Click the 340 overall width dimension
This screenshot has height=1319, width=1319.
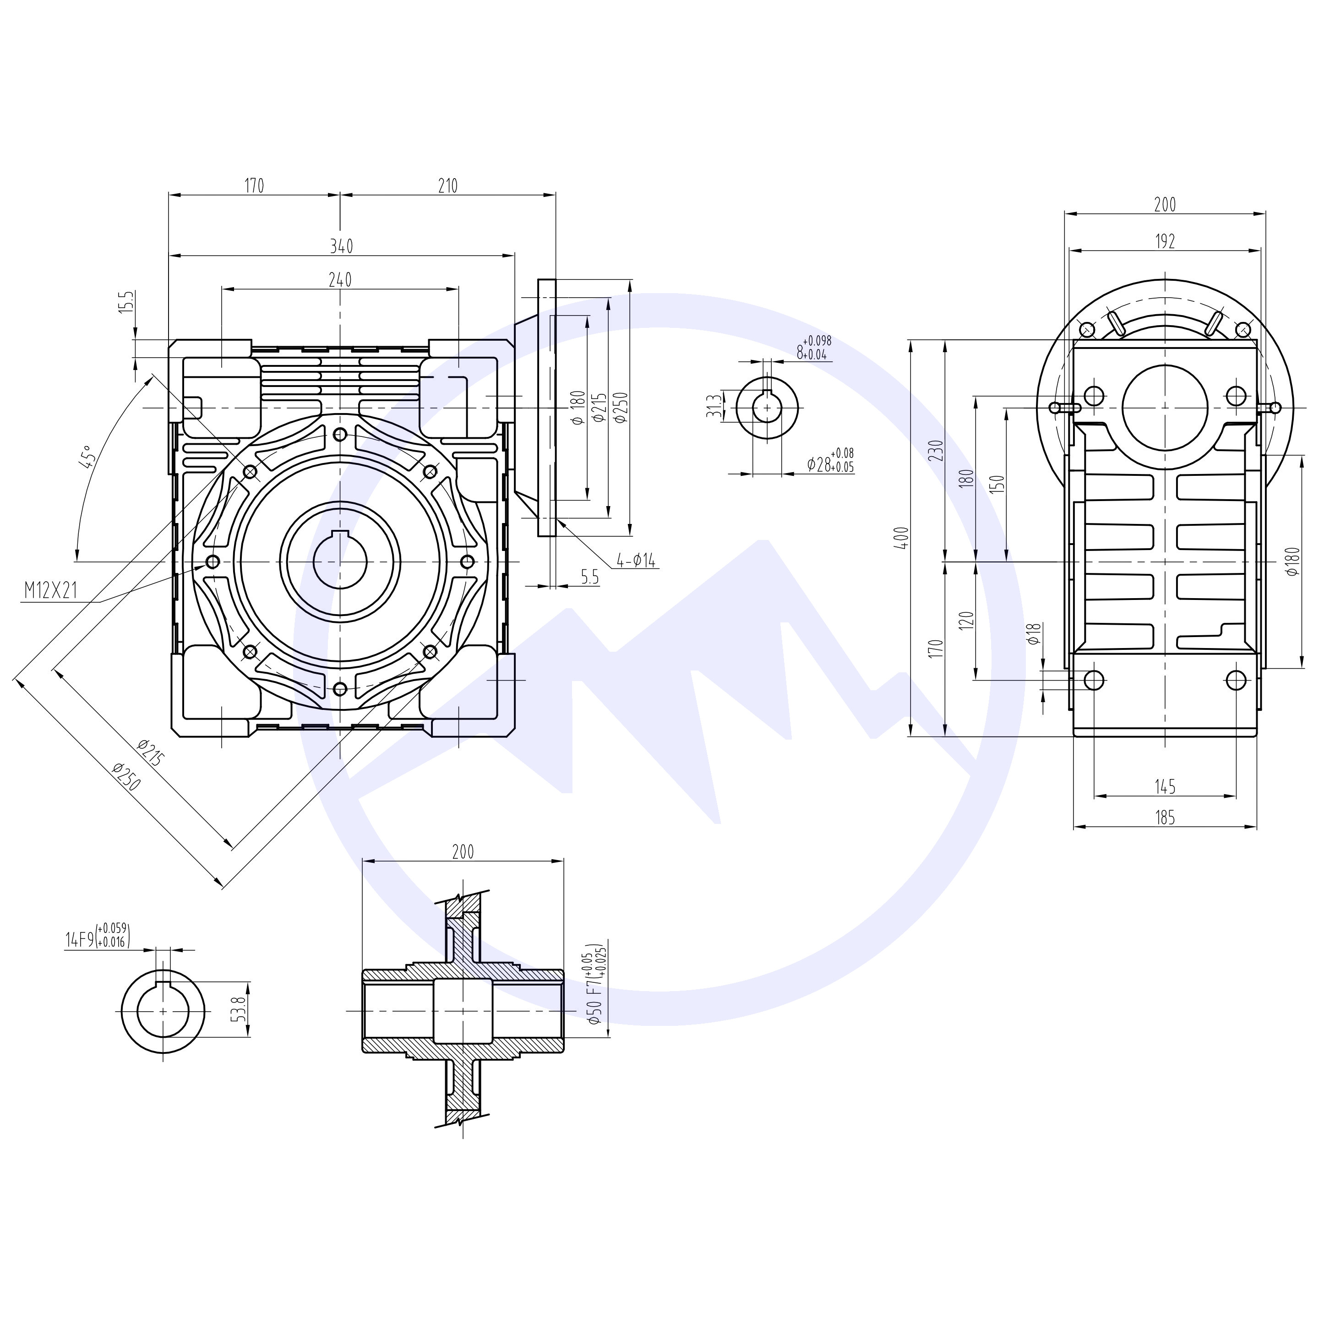pyautogui.click(x=341, y=246)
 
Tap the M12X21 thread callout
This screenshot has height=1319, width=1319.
pyautogui.click(x=50, y=591)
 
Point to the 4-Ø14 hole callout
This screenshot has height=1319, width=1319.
pyautogui.click(x=636, y=561)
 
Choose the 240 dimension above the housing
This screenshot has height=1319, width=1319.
pyautogui.click(x=340, y=279)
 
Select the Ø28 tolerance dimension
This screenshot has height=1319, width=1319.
pyautogui.click(x=829, y=462)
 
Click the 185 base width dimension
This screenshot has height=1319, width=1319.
pyautogui.click(x=1166, y=817)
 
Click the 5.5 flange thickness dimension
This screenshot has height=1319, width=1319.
pyautogui.click(x=590, y=578)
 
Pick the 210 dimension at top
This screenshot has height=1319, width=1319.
pyautogui.click(x=448, y=185)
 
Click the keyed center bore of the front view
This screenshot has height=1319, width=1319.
pyautogui.click(x=340, y=561)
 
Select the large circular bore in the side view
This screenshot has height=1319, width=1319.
pyautogui.click(x=1165, y=407)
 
